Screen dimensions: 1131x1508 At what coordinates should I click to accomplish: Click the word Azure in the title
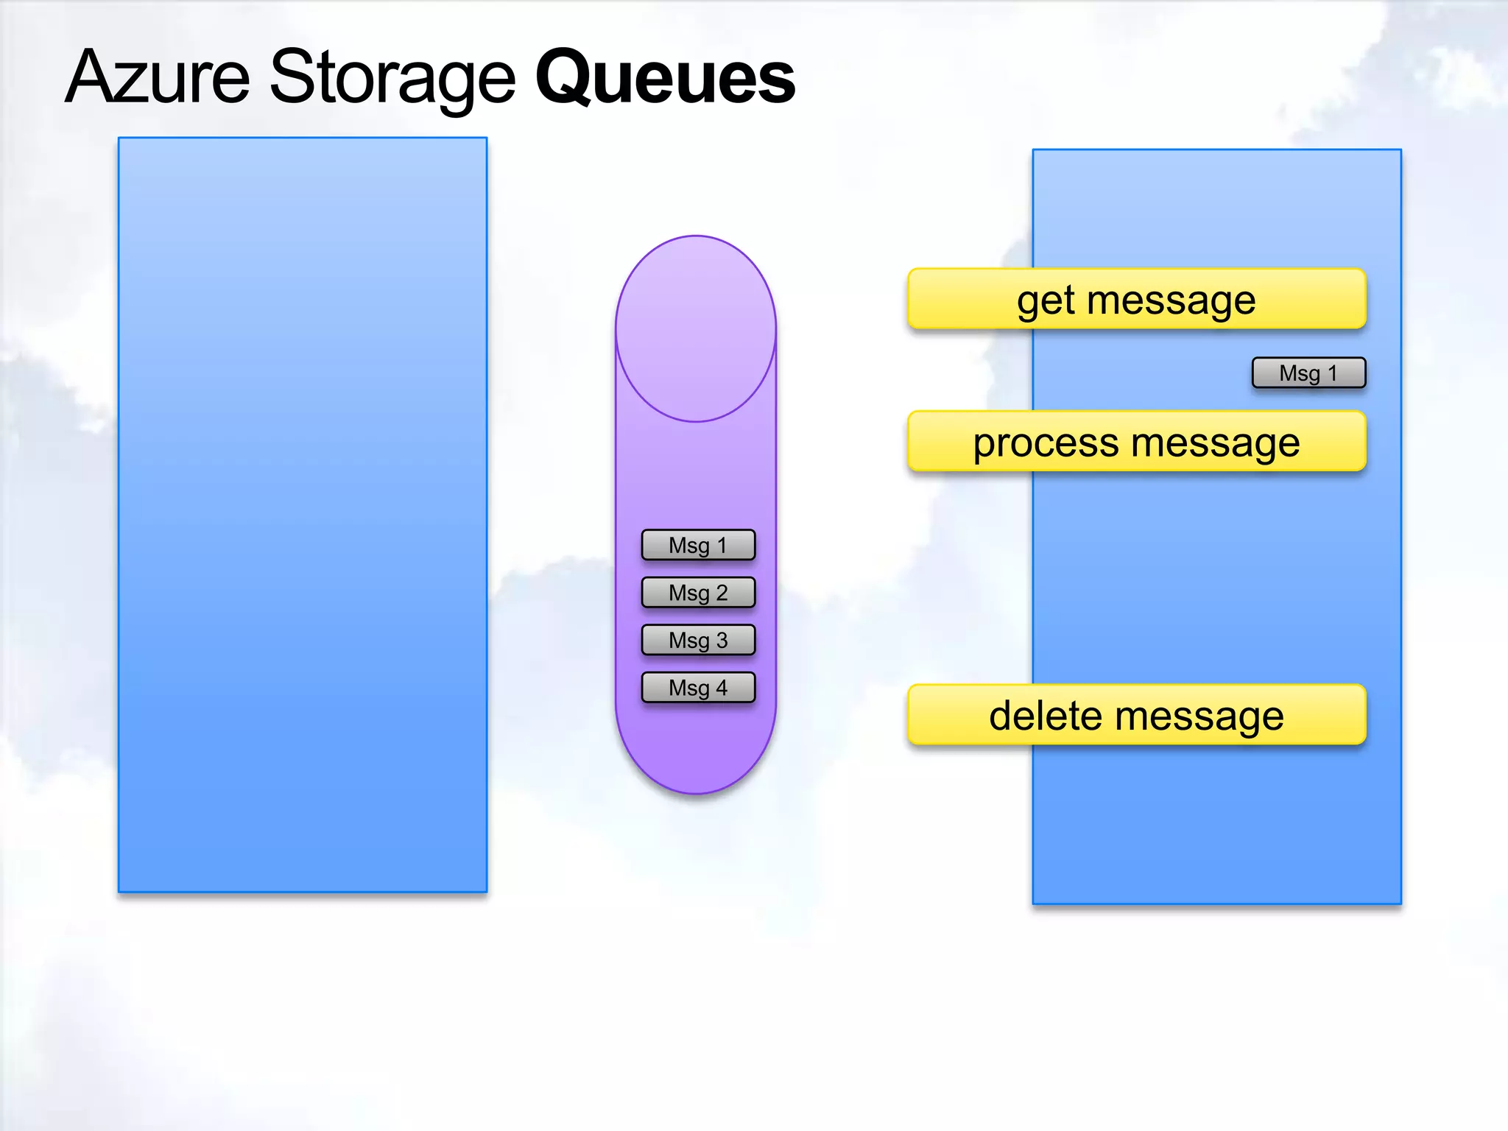158,77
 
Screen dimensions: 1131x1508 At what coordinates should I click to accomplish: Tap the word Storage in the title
392,78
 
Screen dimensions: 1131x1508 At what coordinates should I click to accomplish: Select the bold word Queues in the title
665,78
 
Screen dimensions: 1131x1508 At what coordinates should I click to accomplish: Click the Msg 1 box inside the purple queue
698,545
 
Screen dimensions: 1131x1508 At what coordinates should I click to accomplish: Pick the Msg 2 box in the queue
698,592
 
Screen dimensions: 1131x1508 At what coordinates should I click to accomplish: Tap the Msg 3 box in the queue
698,640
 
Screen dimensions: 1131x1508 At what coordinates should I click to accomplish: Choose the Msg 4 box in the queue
698,688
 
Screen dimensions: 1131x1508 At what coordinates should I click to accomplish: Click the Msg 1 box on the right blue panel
1308,373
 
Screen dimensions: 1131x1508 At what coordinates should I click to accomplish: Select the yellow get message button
1136,299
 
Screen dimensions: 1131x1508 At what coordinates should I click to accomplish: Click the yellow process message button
1136,442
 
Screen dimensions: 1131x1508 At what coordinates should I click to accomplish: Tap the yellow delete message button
1136,715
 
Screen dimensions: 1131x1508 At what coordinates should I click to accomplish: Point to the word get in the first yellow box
1046,302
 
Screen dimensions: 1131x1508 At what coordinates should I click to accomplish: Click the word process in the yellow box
1046,445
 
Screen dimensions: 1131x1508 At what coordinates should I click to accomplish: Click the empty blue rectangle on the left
303,515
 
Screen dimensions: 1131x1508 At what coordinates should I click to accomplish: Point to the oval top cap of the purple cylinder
696,328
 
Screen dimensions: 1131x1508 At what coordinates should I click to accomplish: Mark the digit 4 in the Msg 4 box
721,688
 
